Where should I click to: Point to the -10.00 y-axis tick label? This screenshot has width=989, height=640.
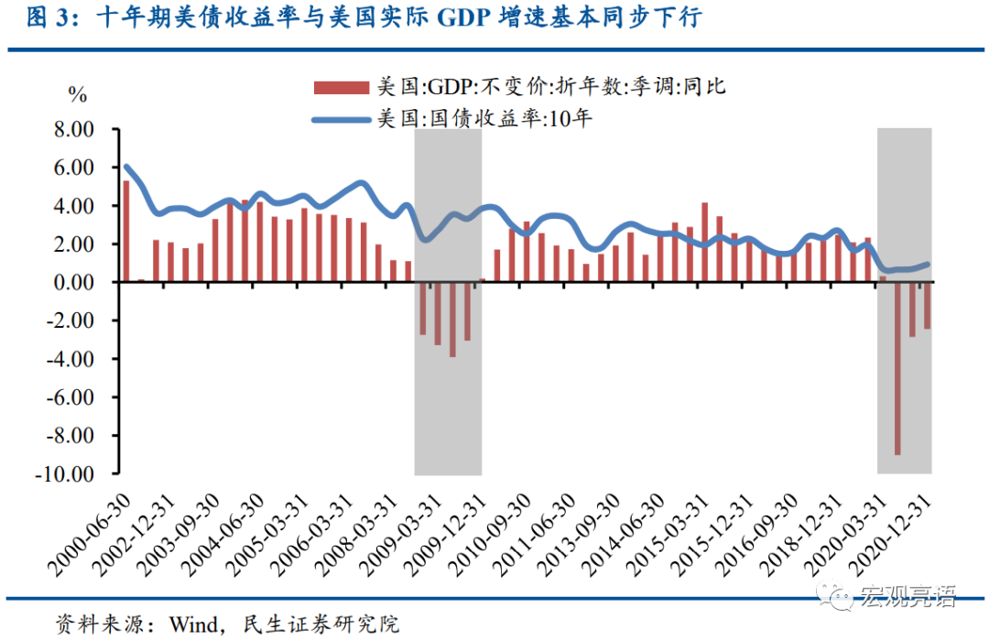tap(67, 474)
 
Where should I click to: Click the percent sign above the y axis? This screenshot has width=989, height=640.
tap(77, 94)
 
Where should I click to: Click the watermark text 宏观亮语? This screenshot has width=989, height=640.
tap(907, 598)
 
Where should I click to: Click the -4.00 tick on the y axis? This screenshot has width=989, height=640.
tap(71, 360)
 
